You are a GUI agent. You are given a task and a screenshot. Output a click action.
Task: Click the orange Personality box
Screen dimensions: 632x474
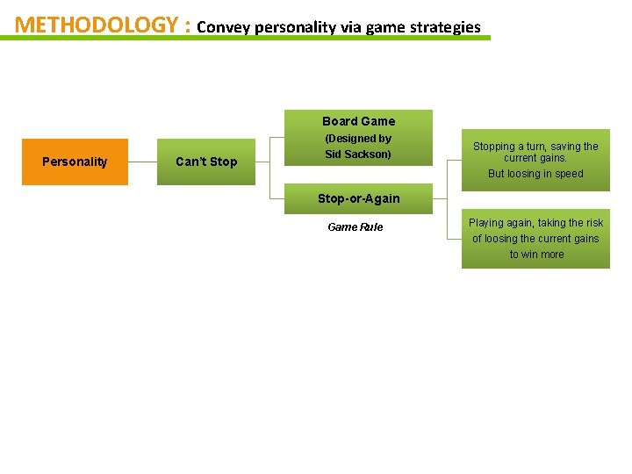75,162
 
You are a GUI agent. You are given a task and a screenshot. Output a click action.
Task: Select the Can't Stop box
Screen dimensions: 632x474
206,162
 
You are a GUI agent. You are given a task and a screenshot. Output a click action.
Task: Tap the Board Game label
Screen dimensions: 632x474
358,121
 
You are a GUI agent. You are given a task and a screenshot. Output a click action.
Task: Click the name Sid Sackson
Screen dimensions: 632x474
358,154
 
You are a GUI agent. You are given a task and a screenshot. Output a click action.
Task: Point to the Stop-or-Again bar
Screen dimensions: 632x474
358,198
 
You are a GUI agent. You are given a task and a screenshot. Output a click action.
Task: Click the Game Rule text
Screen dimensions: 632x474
355,227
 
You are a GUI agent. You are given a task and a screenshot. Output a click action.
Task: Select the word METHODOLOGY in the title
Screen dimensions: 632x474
97,25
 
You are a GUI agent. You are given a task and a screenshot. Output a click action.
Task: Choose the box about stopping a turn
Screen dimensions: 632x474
535,159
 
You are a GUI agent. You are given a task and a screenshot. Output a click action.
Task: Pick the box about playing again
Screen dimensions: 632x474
535,239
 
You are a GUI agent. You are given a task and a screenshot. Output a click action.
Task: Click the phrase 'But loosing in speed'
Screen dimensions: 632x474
535,174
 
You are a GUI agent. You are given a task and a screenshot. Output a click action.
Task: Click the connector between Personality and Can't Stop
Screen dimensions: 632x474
142,162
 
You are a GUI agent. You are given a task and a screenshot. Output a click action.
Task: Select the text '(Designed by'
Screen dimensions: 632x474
358,139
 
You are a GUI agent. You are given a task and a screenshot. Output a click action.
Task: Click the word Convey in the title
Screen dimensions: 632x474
223,27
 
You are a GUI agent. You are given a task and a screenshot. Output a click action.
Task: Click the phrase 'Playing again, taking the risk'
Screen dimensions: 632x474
536,223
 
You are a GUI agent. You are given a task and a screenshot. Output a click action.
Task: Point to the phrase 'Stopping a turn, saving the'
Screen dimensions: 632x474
536,147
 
